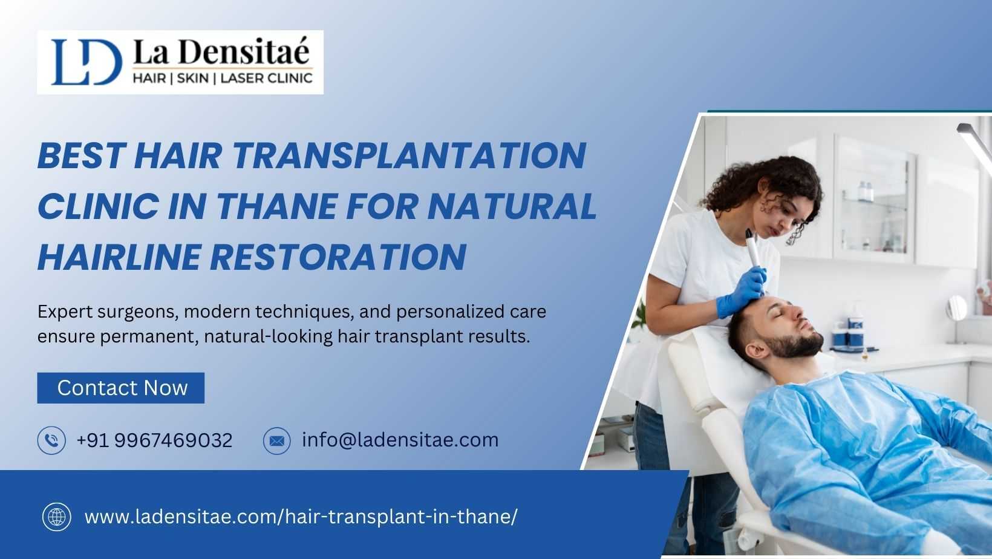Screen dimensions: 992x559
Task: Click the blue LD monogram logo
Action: tap(86, 62)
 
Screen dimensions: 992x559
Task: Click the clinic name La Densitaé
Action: tap(221, 51)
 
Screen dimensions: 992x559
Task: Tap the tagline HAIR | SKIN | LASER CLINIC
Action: tap(223, 79)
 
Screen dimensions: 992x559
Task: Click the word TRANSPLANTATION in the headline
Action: tap(410, 155)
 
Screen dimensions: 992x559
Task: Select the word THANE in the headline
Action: tap(276, 206)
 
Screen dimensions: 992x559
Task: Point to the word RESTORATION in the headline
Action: tap(338, 257)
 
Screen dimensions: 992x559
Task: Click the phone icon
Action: tap(51, 440)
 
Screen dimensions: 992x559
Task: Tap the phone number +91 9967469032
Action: tap(155, 440)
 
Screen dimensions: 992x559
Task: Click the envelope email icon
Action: tap(277, 441)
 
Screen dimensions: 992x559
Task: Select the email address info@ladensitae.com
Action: tap(400, 440)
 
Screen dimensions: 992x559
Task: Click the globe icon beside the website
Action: tap(57, 517)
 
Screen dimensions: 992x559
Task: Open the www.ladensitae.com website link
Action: tap(301, 517)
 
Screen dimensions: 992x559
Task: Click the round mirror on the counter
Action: tap(956, 308)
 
